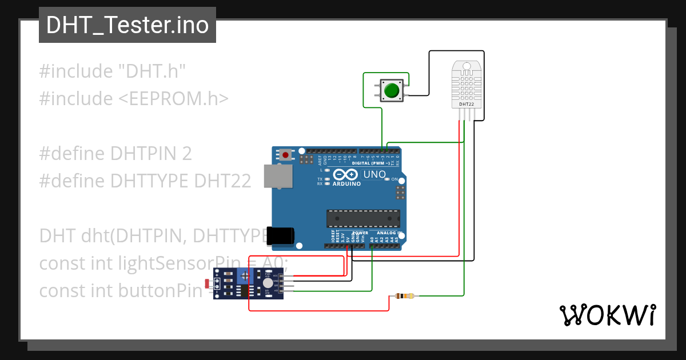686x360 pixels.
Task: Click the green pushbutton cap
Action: pyautogui.click(x=392, y=90)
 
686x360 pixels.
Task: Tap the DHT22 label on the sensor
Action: pyautogui.click(x=466, y=105)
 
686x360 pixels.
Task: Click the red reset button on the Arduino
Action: pyautogui.click(x=285, y=154)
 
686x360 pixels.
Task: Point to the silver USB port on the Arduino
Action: pyautogui.click(x=278, y=176)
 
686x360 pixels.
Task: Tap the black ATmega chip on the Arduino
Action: pyautogui.click(x=363, y=219)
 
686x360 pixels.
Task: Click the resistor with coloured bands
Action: pyautogui.click(x=405, y=296)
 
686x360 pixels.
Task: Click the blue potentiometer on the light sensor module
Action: pyautogui.click(x=246, y=277)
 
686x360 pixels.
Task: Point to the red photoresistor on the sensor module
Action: pyautogui.click(x=207, y=283)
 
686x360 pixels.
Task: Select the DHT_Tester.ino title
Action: pyautogui.click(x=127, y=25)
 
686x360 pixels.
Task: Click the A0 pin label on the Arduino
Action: pyautogui.click(x=373, y=241)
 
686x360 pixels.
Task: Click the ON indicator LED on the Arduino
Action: pyautogui.click(x=387, y=179)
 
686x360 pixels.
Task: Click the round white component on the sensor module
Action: pyautogui.click(x=268, y=283)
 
